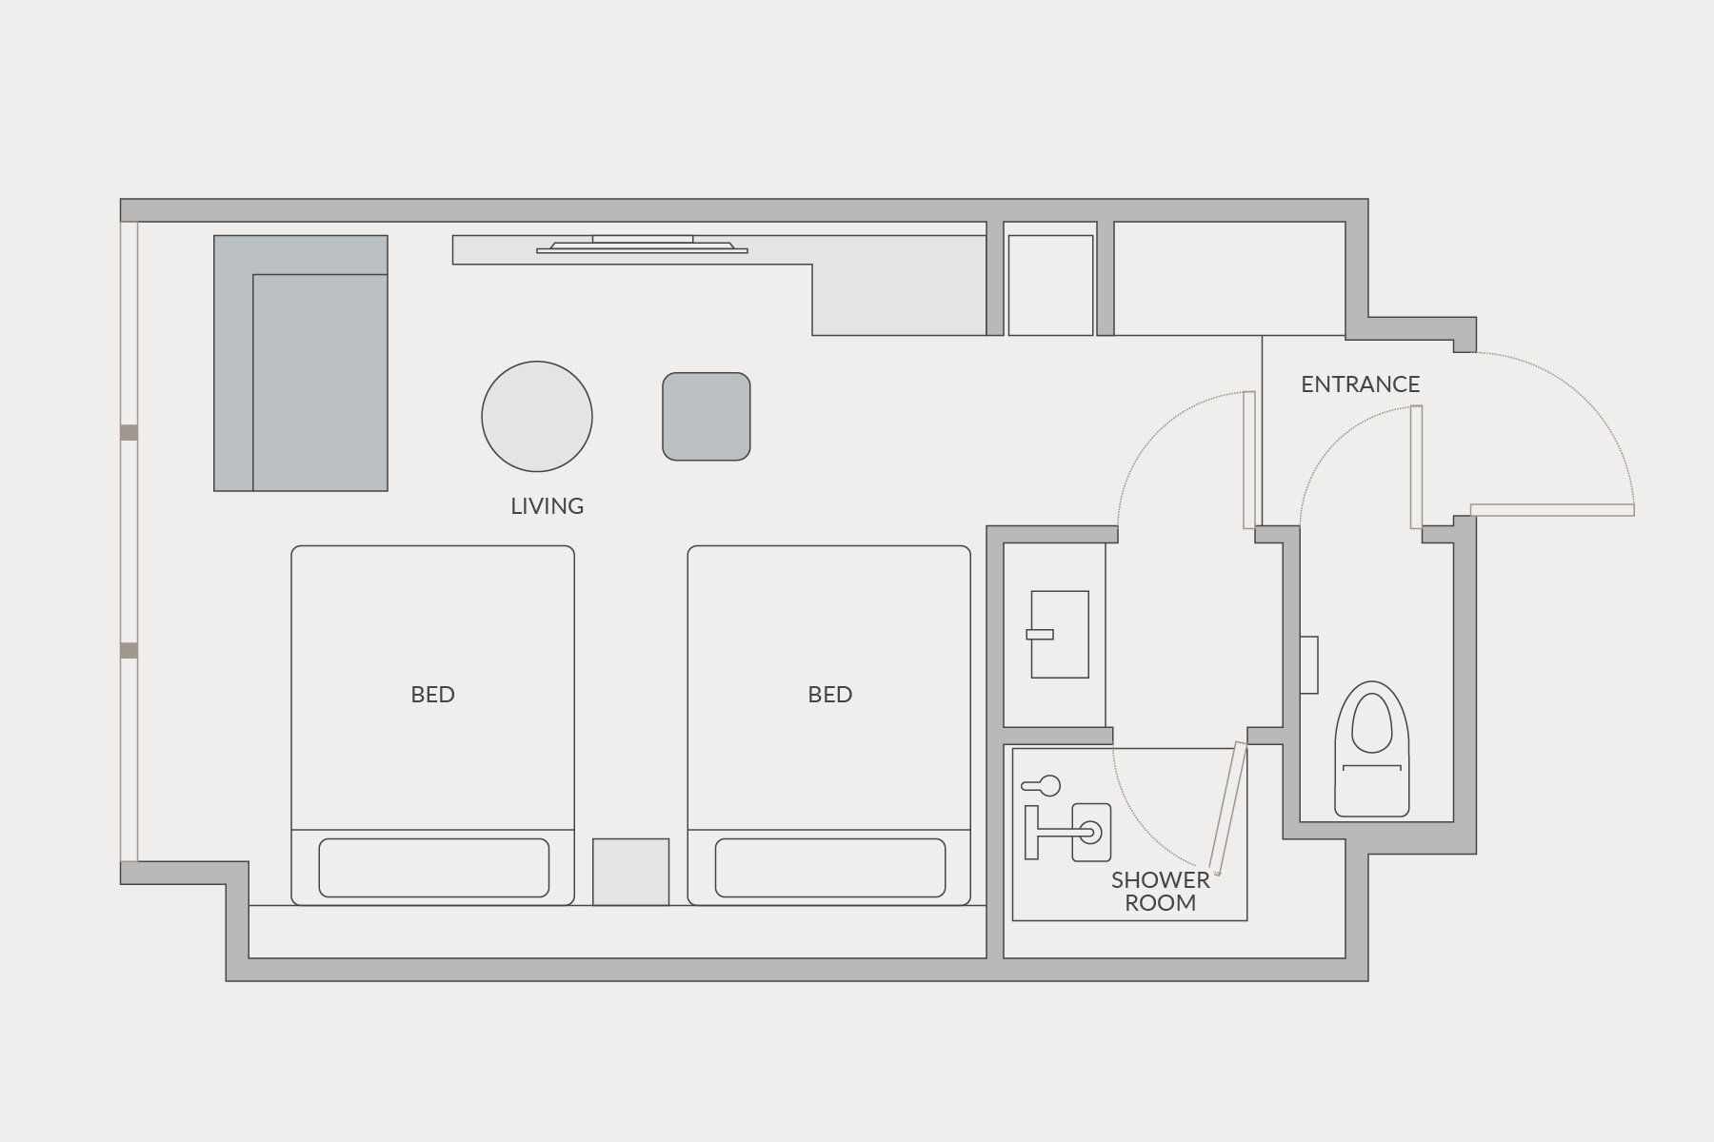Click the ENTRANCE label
1360,384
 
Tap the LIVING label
547,506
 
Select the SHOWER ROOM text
1160,892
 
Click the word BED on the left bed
432,695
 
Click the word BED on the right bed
829,695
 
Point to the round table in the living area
537,417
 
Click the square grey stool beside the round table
707,417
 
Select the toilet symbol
1371,749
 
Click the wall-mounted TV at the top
642,245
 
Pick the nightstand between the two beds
630,872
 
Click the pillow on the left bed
433,868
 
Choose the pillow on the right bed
830,868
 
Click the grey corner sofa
301,364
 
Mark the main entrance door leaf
1552,510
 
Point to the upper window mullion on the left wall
129,433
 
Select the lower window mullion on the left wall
129,651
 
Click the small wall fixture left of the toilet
1309,665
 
